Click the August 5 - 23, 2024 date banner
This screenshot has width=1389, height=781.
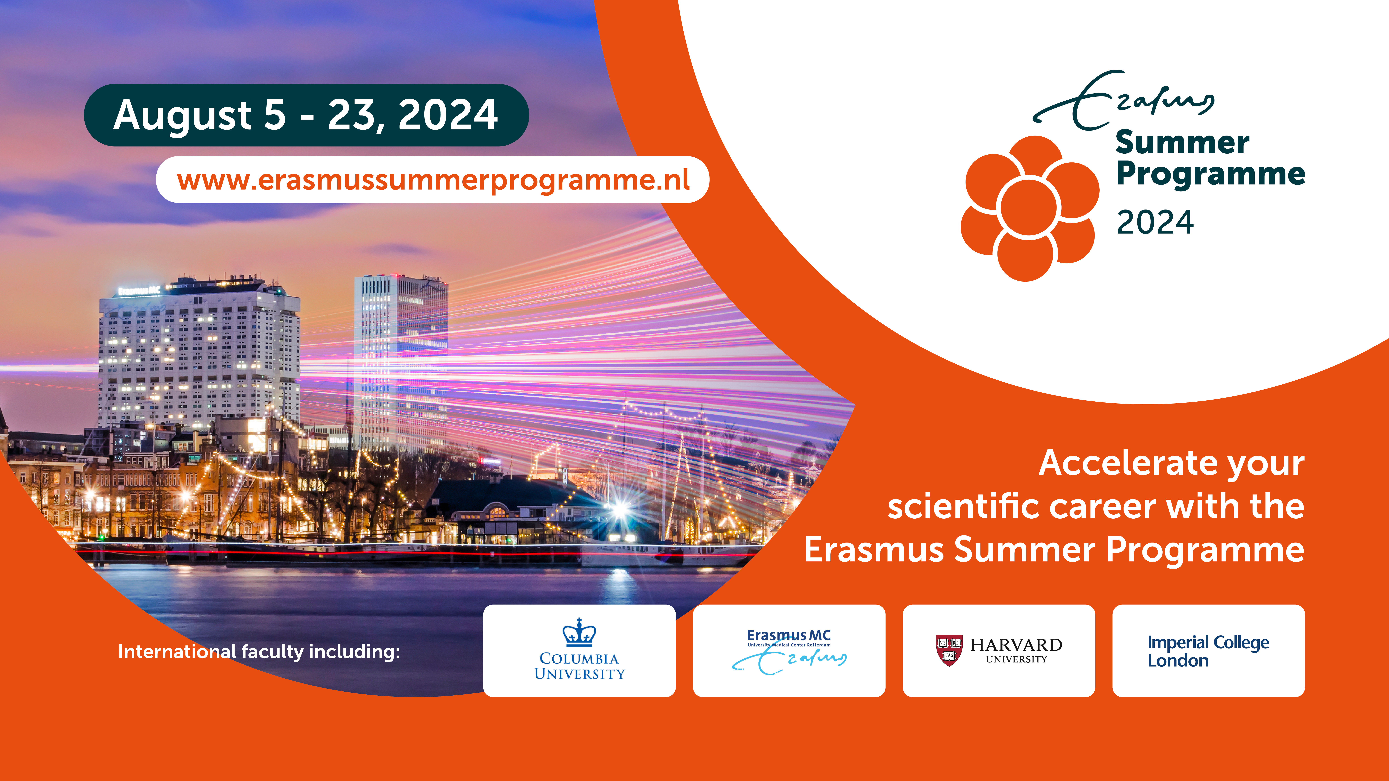tap(306, 115)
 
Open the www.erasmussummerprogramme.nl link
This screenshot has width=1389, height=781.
tap(433, 179)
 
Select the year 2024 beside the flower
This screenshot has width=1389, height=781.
tap(1155, 222)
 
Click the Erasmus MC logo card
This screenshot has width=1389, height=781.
tap(789, 650)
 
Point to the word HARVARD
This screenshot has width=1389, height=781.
tap(1016, 645)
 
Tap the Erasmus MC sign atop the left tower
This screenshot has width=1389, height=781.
tap(139, 291)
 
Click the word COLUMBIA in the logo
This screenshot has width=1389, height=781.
tap(579, 659)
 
